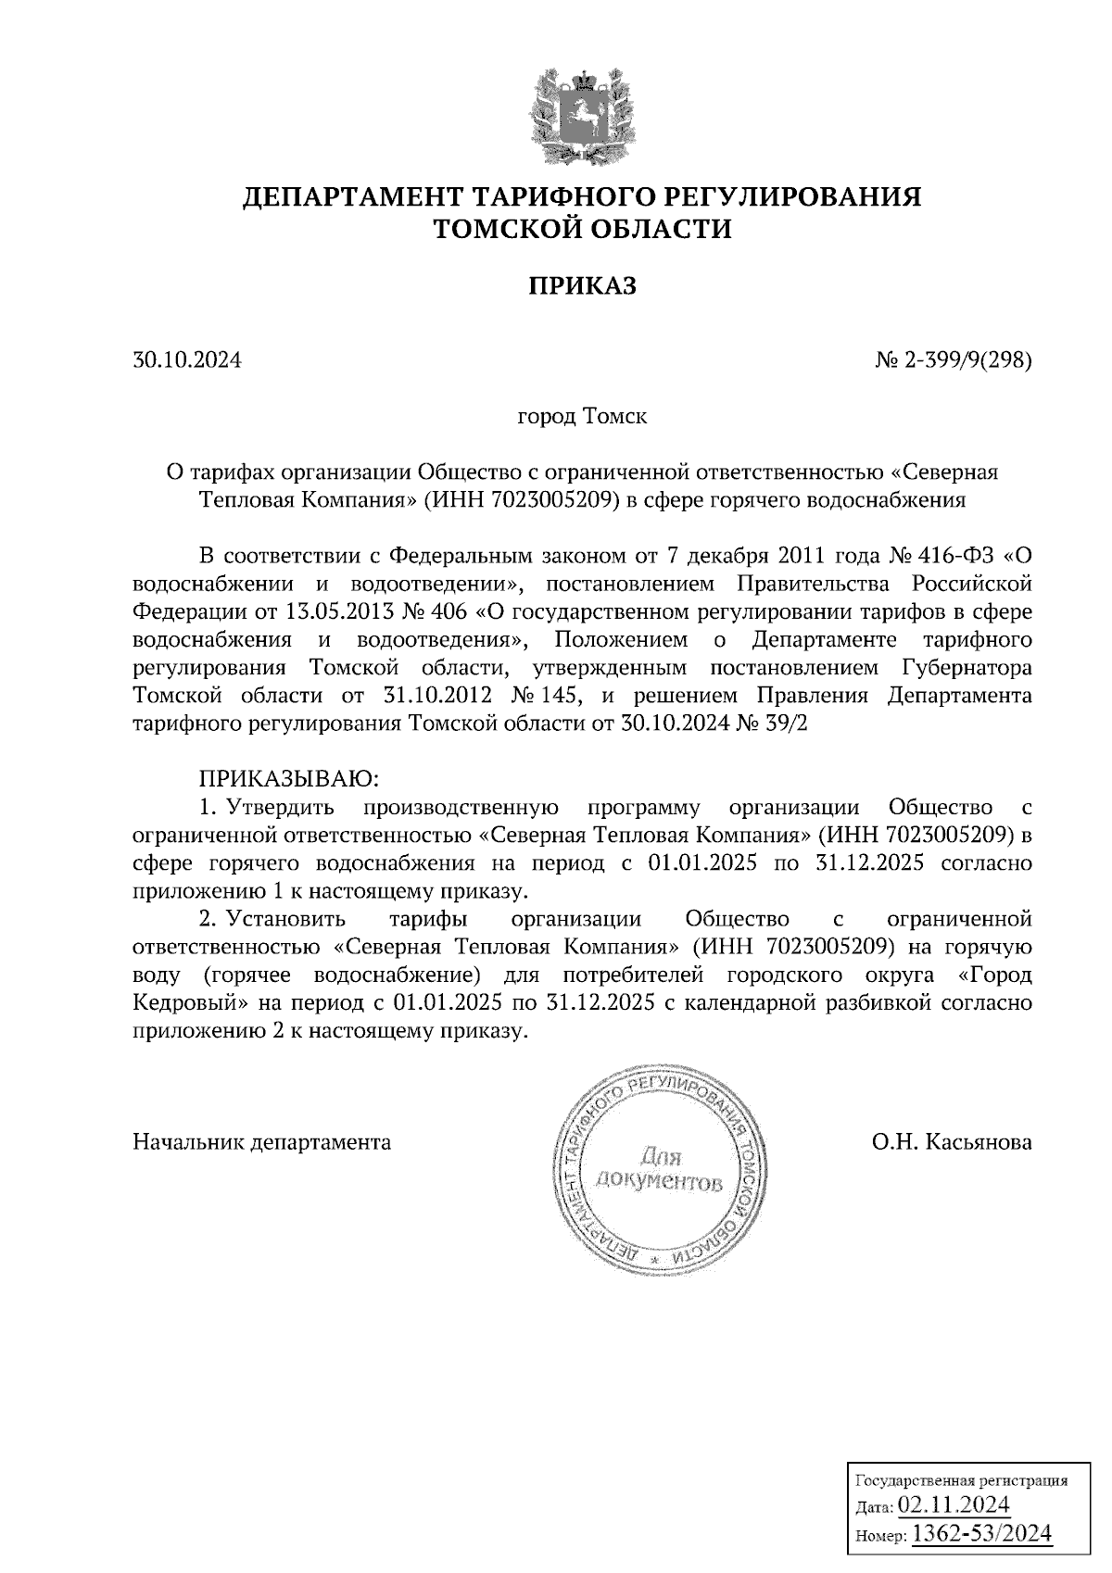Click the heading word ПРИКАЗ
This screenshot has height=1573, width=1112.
tap(583, 285)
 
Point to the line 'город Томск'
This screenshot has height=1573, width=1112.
tap(582, 417)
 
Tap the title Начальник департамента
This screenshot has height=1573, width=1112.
tap(262, 1141)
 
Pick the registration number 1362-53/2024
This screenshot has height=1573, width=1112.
tap(982, 1534)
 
